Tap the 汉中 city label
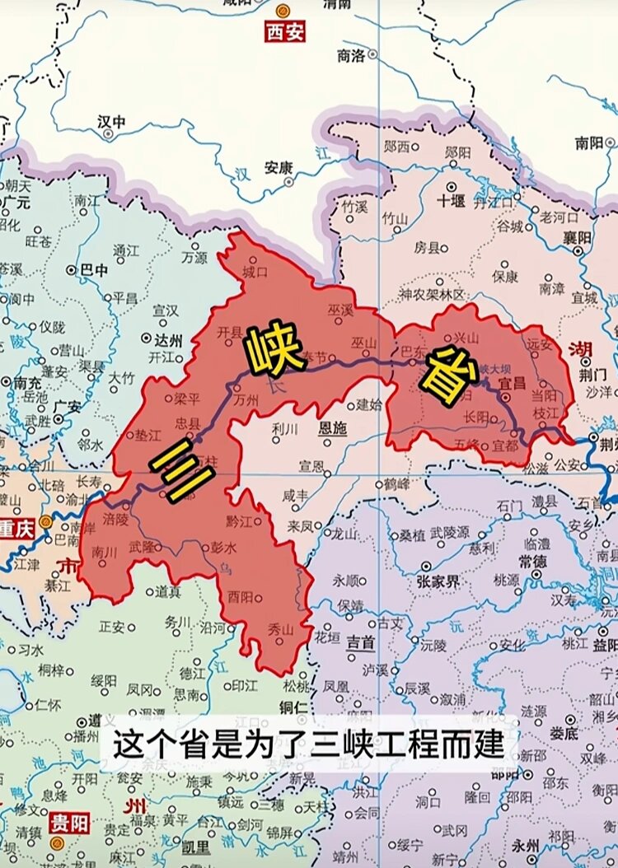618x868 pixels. tap(111, 121)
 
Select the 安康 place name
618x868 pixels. tap(279, 167)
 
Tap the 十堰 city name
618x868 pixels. tap(451, 200)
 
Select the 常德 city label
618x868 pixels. tap(535, 560)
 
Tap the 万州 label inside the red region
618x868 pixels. tap(246, 402)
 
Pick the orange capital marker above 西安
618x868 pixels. tap(283, 12)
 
